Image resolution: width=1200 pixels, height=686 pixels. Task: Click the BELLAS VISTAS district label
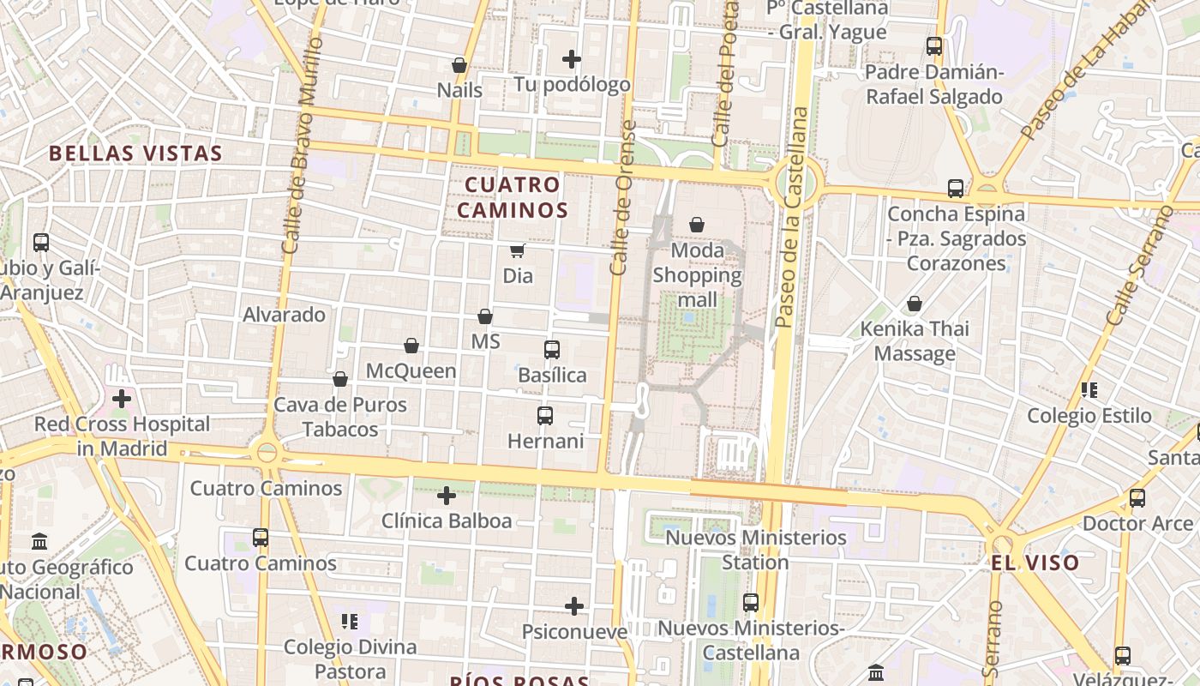click(x=135, y=153)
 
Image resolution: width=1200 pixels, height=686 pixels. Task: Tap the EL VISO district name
click(x=1035, y=563)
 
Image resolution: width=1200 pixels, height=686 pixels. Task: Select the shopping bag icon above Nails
click(x=459, y=65)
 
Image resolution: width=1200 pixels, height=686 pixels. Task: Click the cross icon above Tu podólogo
click(x=572, y=59)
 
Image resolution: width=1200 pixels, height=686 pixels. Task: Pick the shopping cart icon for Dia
click(x=517, y=251)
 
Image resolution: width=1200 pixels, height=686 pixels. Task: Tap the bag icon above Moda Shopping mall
click(x=697, y=225)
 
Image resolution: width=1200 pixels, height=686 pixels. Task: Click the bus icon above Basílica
click(x=552, y=350)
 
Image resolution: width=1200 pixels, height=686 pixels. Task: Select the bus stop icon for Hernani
click(x=545, y=416)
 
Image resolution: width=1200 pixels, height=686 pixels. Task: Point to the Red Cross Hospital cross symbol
click(x=122, y=399)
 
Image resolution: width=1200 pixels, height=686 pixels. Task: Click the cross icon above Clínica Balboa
click(x=447, y=496)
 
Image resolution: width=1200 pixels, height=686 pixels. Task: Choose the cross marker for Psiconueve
click(x=574, y=606)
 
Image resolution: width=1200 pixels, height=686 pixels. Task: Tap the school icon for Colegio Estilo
click(x=1089, y=391)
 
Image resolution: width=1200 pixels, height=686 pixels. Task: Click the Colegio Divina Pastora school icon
click(x=349, y=621)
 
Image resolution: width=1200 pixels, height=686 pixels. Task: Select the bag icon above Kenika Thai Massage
click(x=915, y=304)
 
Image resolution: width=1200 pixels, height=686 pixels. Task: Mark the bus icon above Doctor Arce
click(x=1137, y=498)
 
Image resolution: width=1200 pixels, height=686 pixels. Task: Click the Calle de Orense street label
click(x=622, y=197)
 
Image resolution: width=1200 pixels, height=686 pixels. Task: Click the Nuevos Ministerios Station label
click(x=756, y=550)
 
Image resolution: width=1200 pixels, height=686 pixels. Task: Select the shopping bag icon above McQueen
click(x=411, y=346)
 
